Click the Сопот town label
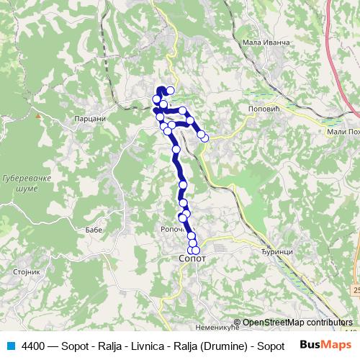pos(192,257)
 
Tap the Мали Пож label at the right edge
pos(341,131)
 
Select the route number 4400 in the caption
pos(34,345)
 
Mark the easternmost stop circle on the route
pos(204,137)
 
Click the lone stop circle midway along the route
pos(176,150)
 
